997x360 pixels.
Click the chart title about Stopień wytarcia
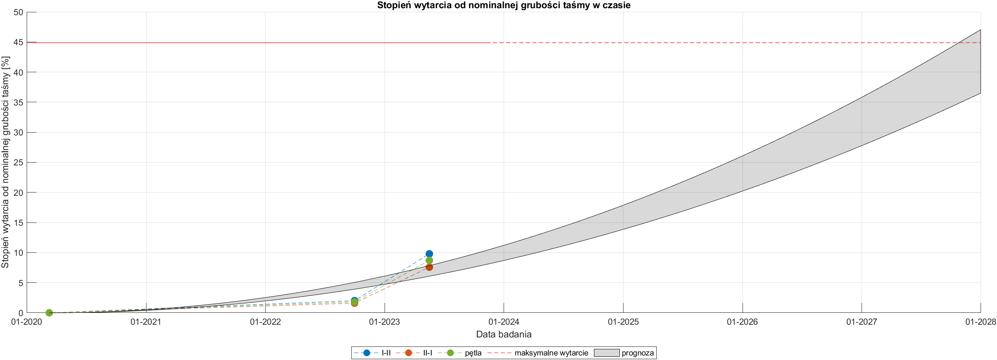(504, 5)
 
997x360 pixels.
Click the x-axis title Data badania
(504, 334)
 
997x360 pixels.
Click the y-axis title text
(5, 162)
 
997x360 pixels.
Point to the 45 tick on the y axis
(18, 42)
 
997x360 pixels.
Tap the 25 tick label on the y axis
(18, 163)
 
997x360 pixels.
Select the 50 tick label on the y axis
(18, 12)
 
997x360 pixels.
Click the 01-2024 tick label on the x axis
(504, 322)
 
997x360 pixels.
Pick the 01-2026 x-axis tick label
(742, 322)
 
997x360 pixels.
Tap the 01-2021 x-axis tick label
(146, 322)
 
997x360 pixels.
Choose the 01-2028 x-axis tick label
(980, 322)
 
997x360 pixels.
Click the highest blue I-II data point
(429, 254)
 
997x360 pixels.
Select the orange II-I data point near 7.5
(429, 267)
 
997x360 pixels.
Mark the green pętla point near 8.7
(429, 260)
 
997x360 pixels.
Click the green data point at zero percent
(49, 313)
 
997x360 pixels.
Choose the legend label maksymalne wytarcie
(551, 353)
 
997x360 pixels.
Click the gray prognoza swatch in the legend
(606, 353)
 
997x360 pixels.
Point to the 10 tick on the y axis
(18, 253)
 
